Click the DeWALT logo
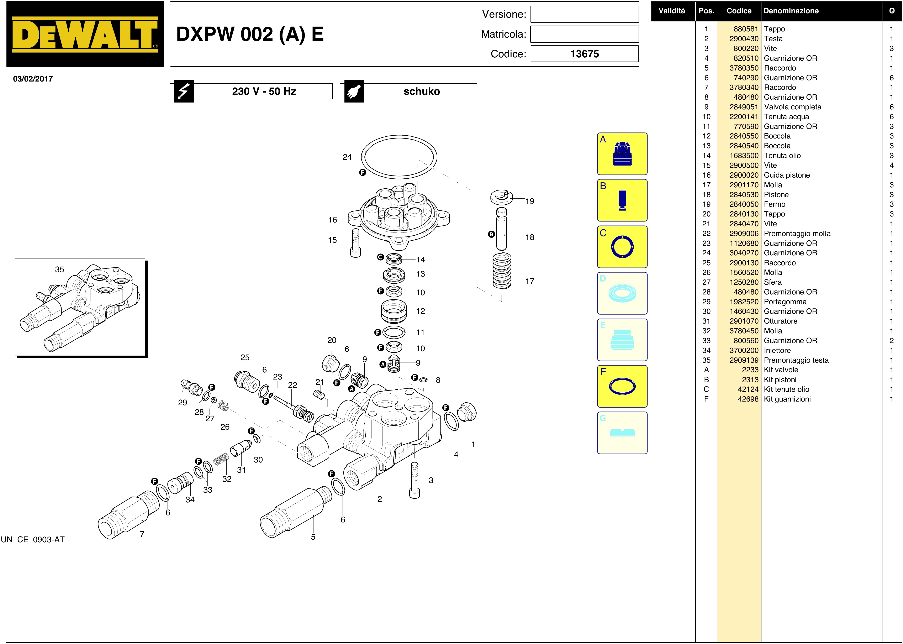click(85, 34)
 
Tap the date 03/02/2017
click(33, 79)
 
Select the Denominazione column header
click(791, 11)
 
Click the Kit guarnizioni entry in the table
click(787, 399)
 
